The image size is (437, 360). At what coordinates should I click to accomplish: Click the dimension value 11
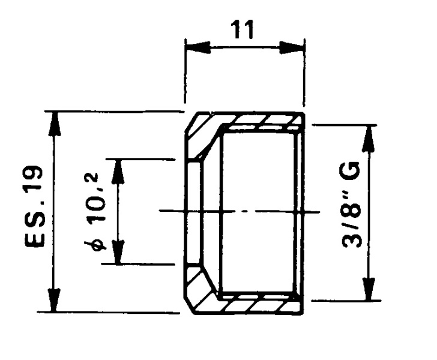pyautogui.click(x=243, y=29)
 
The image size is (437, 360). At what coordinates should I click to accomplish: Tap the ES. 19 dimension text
pyautogui.click(x=34, y=206)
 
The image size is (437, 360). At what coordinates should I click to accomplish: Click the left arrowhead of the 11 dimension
pyautogui.click(x=198, y=47)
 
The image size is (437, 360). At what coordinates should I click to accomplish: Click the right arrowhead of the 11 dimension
pyautogui.click(x=291, y=47)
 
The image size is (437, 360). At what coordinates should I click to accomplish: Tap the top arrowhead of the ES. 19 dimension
pyautogui.click(x=55, y=124)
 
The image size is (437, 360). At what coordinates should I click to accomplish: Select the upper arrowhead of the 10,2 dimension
pyautogui.click(x=118, y=172)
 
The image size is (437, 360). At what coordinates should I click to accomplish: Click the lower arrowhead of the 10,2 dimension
pyautogui.click(x=118, y=251)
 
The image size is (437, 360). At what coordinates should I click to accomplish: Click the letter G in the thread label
pyautogui.click(x=351, y=170)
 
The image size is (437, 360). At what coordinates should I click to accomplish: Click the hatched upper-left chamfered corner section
pyautogui.click(x=200, y=134)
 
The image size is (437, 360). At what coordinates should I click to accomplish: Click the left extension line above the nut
pyautogui.click(x=185, y=71)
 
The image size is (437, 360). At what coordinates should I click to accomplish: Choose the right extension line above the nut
pyautogui.click(x=304, y=73)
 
